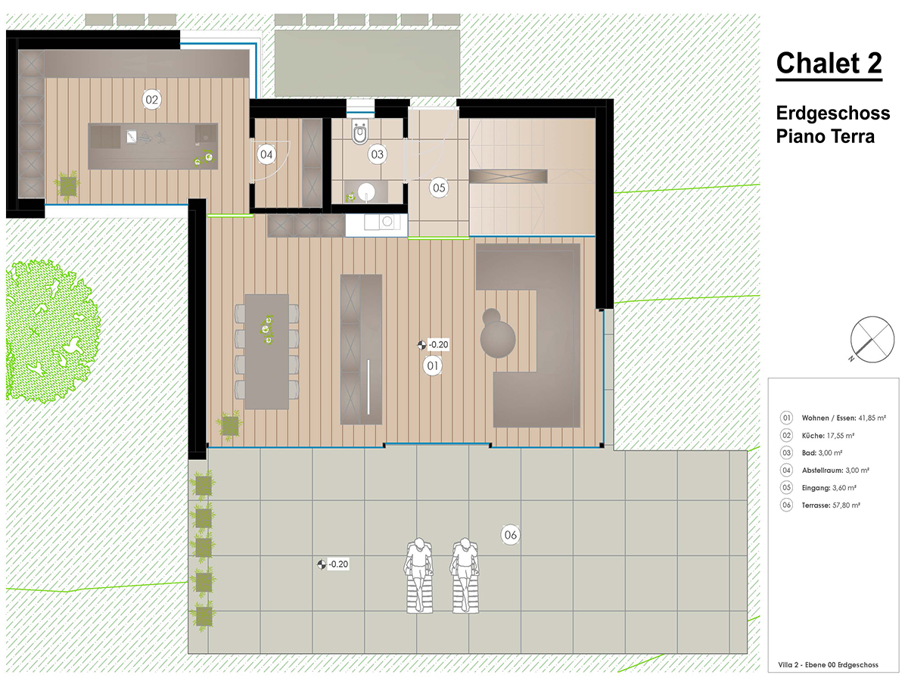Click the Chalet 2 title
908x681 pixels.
pyautogui.click(x=829, y=64)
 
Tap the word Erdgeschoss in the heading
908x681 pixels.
pyautogui.click(x=833, y=113)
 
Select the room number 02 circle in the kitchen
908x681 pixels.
pyautogui.click(x=152, y=100)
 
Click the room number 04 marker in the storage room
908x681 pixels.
pyautogui.click(x=266, y=154)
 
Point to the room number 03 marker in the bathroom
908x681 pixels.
pyautogui.click(x=377, y=154)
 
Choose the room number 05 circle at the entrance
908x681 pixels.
pyautogui.click(x=439, y=188)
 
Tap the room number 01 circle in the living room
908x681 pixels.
pyautogui.click(x=433, y=365)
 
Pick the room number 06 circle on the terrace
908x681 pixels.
pyautogui.click(x=511, y=535)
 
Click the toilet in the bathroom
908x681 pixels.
pyautogui.click(x=359, y=132)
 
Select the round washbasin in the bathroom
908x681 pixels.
pyautogui.click(x=366, y=192)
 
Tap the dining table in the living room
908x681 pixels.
pyautogui.click(x=267, y=351)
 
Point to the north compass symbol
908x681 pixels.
pyautogui.click(x=872, y=340)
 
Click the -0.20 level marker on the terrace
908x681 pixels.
pyautogui.click(x=334, y=564)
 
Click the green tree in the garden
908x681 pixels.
pyautogui.click(x=53, y=331)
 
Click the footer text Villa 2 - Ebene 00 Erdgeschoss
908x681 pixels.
pyautogui.click(x=828, y=665)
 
